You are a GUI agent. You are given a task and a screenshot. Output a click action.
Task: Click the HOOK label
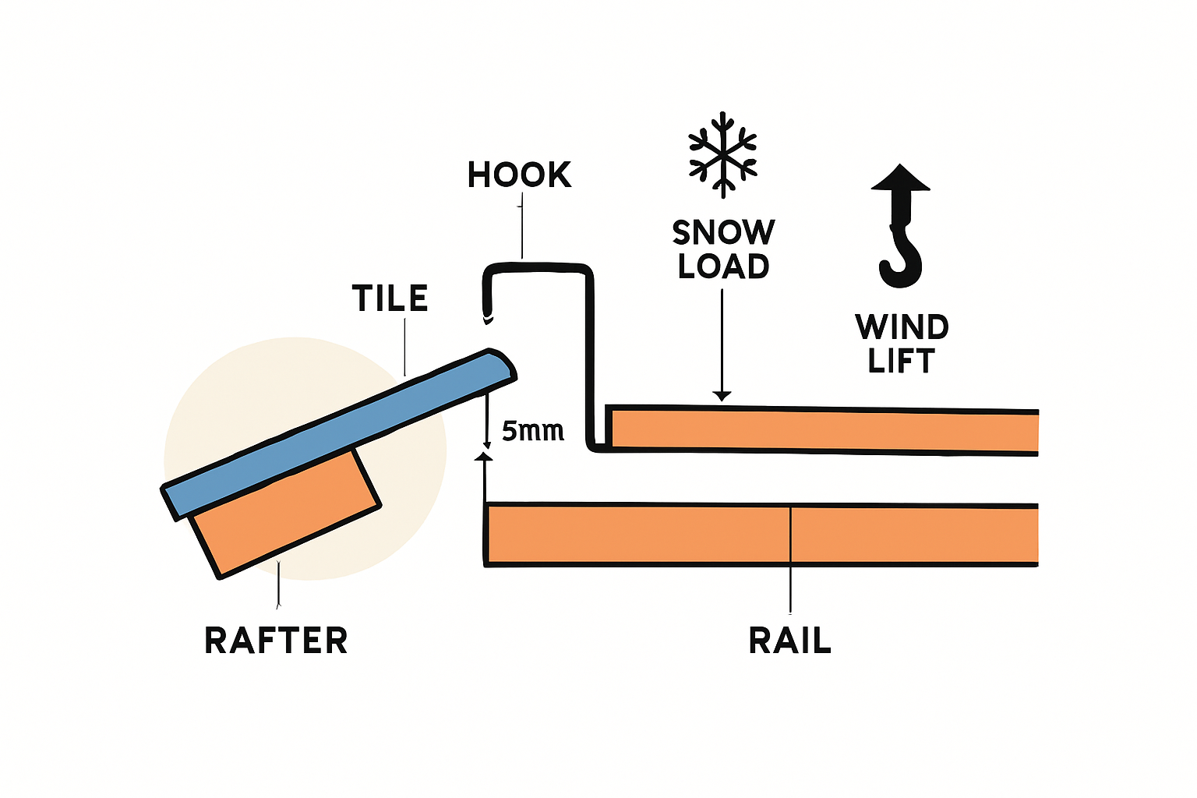(x=519, y=175)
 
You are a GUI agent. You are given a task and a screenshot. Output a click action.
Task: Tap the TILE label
(x=390, y=298)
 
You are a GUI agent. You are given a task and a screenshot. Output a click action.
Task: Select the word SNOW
(x=723, y=232)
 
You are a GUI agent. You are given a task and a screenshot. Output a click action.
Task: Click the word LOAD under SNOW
(x=723, y=267)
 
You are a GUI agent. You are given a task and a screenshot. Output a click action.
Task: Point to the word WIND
(x=902, y=327)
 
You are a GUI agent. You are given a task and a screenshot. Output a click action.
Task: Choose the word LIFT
(x=901, y=362)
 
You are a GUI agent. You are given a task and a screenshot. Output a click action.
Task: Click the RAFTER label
(x=276, y=641)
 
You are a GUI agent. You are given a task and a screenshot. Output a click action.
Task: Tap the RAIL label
(x=789, y=641)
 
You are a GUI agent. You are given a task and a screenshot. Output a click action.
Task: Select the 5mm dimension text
(x=533, y=431)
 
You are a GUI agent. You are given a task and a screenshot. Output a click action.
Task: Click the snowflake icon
(x=723, y=154)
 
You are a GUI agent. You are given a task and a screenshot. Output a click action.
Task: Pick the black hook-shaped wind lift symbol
(x=901, y=226)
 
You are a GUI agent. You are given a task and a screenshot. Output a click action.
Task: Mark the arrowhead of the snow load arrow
(x=722, y=396)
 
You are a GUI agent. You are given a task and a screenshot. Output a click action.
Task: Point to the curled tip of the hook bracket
(x=489, y=316)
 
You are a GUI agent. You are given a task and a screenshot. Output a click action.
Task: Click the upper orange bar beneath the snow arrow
(x=818, y=430)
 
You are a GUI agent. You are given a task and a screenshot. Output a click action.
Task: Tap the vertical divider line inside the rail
(x=790, y=535)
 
